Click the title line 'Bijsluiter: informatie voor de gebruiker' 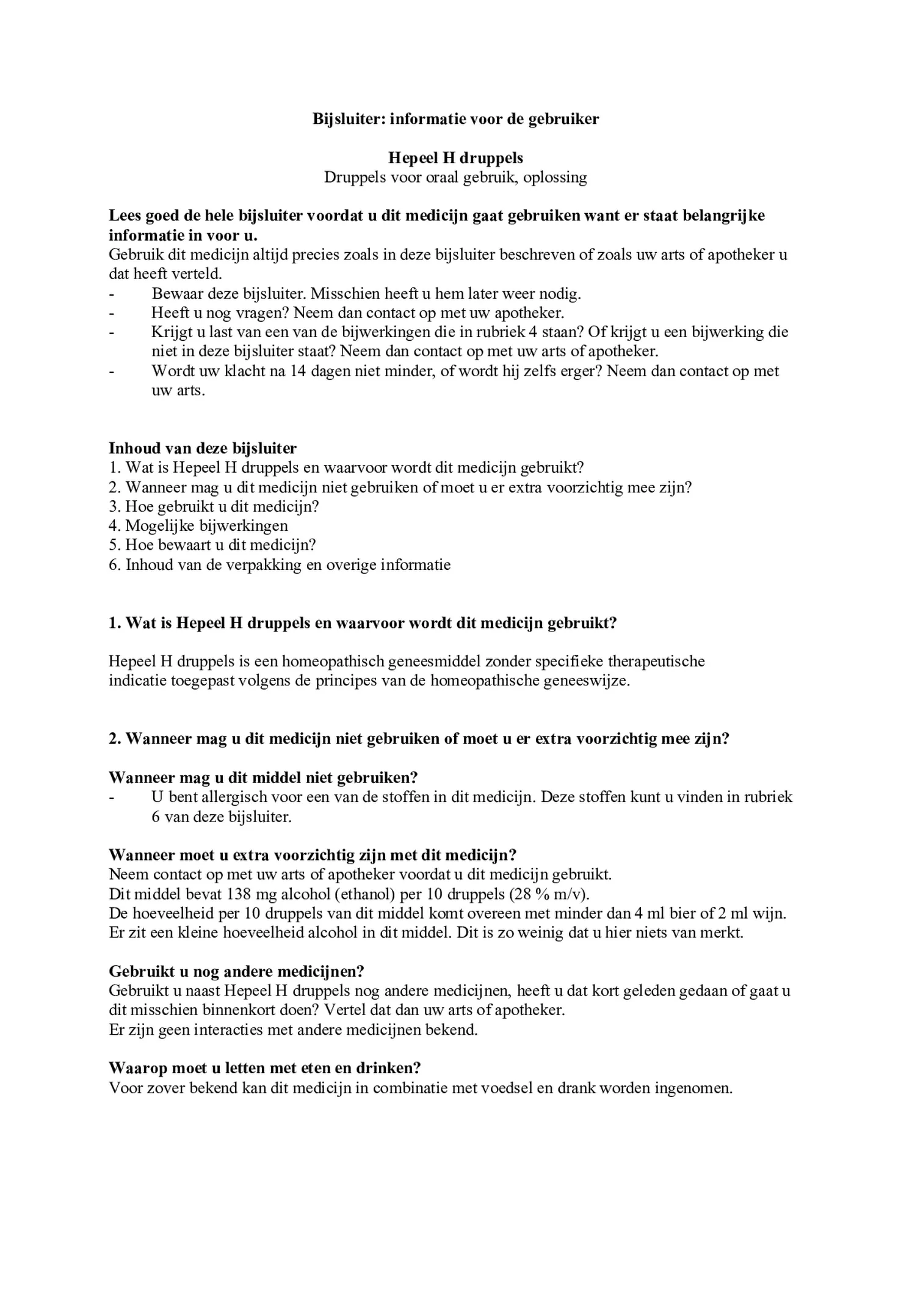pyautogui.click(x=455, y=119)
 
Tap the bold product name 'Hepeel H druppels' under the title pyautogui.click(x=455, y=158)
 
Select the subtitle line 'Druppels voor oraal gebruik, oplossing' pyautogui.click(x=455, y=178)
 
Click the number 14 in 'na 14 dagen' pyautogui.click(x=297, y=371)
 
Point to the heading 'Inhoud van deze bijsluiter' pyautogui.click(x=203, y=448)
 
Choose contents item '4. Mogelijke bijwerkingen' pyautogui.click(x=198, y=525)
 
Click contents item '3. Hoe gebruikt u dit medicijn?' pyautogui.click(x=214, y=506)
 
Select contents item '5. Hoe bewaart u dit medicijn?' pyautogui.click(x=212, y=545)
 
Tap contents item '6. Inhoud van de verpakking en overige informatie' pyautogui.click(x=280, y=564)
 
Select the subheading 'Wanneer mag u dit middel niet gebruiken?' pyautogui.click(x=263, y=778)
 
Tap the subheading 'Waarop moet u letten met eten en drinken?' pyautogui.click(x=265, y=1068)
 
